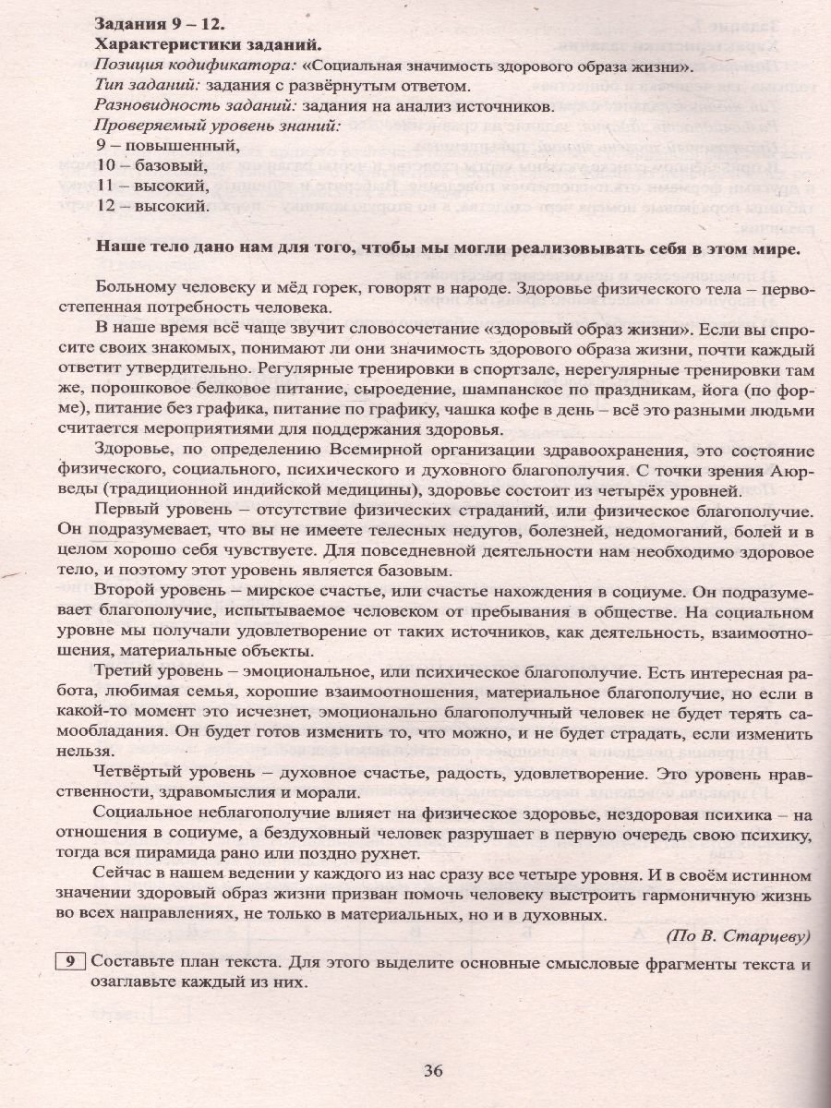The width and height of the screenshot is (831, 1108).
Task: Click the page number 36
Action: pos(434,1071)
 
